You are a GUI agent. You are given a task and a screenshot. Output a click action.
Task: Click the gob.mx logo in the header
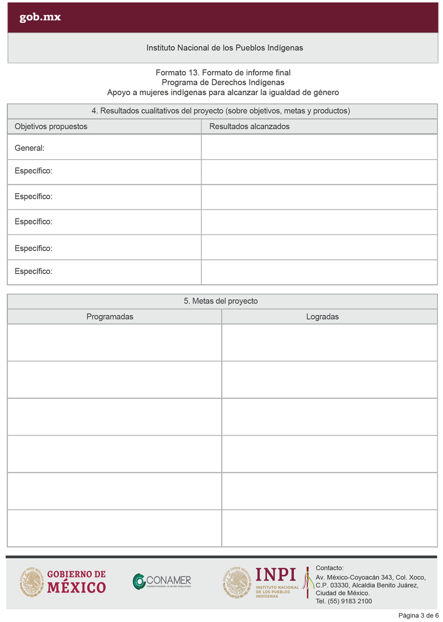coord(40,18)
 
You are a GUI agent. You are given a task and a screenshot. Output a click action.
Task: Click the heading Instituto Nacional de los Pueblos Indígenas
coord(224,48)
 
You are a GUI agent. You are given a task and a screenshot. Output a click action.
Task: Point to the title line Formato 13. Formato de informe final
coord(223,73)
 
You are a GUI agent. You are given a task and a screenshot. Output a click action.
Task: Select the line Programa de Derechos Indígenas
coord(223,82)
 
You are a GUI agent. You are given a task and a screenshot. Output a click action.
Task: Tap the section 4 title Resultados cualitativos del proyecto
coord(221,111)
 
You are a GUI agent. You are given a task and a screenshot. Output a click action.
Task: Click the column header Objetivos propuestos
coord(51,126)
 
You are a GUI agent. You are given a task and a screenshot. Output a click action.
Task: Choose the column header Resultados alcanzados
coord(249,126)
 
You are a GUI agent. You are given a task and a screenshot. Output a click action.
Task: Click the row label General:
coord(29,149)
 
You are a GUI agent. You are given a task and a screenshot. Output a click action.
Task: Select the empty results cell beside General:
coord(319,148)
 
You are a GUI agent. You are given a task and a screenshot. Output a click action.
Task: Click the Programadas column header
coord(110,317)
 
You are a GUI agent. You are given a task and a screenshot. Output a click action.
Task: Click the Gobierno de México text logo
coord(77,581)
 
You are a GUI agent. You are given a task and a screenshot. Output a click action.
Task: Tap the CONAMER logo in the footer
coord(162,582)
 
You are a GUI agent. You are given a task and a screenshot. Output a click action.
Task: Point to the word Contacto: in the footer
coord(329,568)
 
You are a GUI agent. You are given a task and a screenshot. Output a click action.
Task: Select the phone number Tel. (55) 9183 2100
coord(344,601)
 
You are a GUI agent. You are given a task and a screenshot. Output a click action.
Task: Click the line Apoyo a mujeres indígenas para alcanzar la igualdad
coord(223,92)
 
